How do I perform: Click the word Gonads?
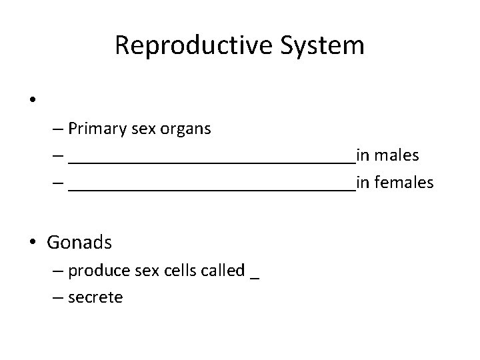tap(79, 242)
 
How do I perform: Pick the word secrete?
tap(95, 297)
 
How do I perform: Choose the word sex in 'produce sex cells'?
tap(145, 271)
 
